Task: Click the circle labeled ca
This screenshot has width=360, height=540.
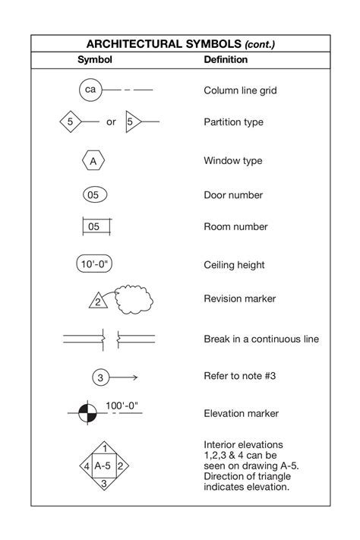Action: (x=90, y=90)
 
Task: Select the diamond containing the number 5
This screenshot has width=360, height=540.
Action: (x=70, y=122)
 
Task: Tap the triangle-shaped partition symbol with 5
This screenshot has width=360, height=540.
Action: (x=132, y=122)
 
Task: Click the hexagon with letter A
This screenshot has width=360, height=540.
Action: (x=93, y=161)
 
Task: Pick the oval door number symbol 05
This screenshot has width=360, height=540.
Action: (x=93, y=195)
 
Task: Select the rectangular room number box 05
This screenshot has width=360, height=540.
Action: (x=94, y=226)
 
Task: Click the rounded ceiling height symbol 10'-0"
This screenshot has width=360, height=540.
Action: (x=96, y=264)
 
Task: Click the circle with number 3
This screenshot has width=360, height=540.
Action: (x=100, y=377)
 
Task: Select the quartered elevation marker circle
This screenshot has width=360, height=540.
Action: (x=88, y=414)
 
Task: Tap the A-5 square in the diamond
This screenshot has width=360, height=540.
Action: (x=103, y=466)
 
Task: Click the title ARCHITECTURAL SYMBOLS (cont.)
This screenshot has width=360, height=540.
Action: (x=180, y=44)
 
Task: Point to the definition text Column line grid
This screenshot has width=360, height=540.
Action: (x=240, y=90)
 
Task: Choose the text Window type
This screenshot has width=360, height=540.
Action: (x=233, y=161)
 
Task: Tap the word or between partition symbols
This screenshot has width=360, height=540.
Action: (x=111, y=122)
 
